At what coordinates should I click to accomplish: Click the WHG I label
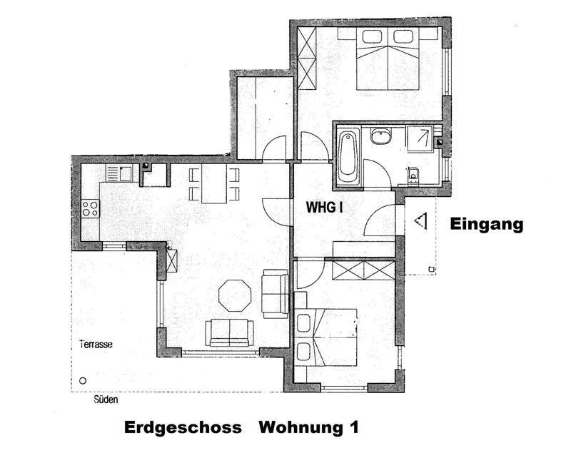click(x=325, y=207)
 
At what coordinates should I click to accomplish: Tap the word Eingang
click(x=487, y=224)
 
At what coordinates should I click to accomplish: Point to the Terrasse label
click(x=96, y=345)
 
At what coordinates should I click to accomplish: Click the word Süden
click(x=106, y=400)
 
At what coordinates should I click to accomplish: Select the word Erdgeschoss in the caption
click(x=183, y=427)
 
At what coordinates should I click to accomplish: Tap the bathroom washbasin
click(x=381, y=137)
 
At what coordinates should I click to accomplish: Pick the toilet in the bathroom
click(x=413, y=175)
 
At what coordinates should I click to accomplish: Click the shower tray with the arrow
click(x=420, y=139)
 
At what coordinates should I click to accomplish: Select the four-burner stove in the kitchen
click(x=91, y=208)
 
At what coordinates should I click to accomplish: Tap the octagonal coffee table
click(x=235, y=295)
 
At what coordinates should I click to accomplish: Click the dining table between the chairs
click(x=214, y=184)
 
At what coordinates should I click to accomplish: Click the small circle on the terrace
click(x=83, y=381)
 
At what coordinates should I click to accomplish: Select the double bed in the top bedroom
click(x=387, y=59)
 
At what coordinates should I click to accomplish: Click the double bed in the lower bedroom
click(x=325, y=337)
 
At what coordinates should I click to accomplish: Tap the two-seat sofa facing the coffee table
click(x=229, y=333)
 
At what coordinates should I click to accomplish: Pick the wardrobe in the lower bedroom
click(x=363, y=270)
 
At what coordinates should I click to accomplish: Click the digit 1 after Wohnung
click(x=354, y=427)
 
